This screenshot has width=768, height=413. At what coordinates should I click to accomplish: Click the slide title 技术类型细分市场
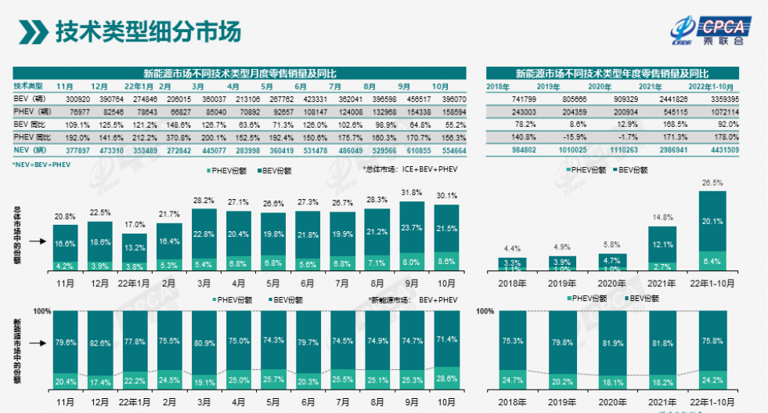tap(148, 32)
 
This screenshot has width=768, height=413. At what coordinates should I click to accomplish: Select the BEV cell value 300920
tap(72, 99)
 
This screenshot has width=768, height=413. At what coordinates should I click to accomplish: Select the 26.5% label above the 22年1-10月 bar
tap(712, 182)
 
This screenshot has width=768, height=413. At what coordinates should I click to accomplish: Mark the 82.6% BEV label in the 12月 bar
tap(99, 343)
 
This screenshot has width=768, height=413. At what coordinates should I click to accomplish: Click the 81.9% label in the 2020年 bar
tap(612, 343)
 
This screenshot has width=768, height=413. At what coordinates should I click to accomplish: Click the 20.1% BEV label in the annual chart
tap(712, 221)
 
